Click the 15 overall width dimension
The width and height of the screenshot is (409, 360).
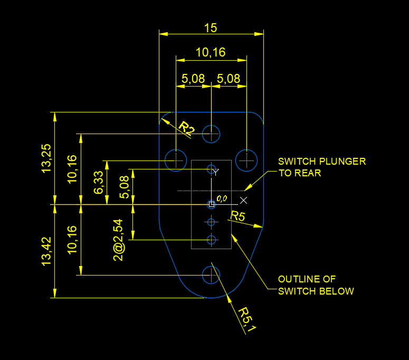[x=210, y=28]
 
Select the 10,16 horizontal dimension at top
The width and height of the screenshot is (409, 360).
[x=210, y=52]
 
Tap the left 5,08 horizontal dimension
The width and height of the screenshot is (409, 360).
[x=193, y=79]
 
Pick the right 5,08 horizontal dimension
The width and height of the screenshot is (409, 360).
[x=229, y=79]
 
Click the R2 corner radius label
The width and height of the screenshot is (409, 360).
[x=186, y=128]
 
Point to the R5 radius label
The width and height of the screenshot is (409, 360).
[x=238, y=216]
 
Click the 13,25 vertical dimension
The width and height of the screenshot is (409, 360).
[x=46, y=158]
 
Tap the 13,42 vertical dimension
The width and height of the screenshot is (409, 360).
[x=46, y=251]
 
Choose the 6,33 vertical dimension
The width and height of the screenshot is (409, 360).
[x=99, y=182]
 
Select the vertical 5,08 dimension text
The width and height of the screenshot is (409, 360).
[x=125, y=187]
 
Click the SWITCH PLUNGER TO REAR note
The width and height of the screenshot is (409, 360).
[x=321, y=167]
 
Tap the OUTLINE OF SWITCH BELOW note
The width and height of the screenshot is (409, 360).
[x=316, y=285]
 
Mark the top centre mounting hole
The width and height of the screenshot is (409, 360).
[x=211, y=134]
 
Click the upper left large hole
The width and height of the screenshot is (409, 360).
[x=175, y=159]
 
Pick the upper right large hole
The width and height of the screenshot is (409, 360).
[x=246, y=159]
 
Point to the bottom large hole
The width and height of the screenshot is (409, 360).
[x=211, y=274]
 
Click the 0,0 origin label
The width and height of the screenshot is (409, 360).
[x=221, y=198]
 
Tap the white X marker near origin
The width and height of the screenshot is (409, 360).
[x=243, y=200]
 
